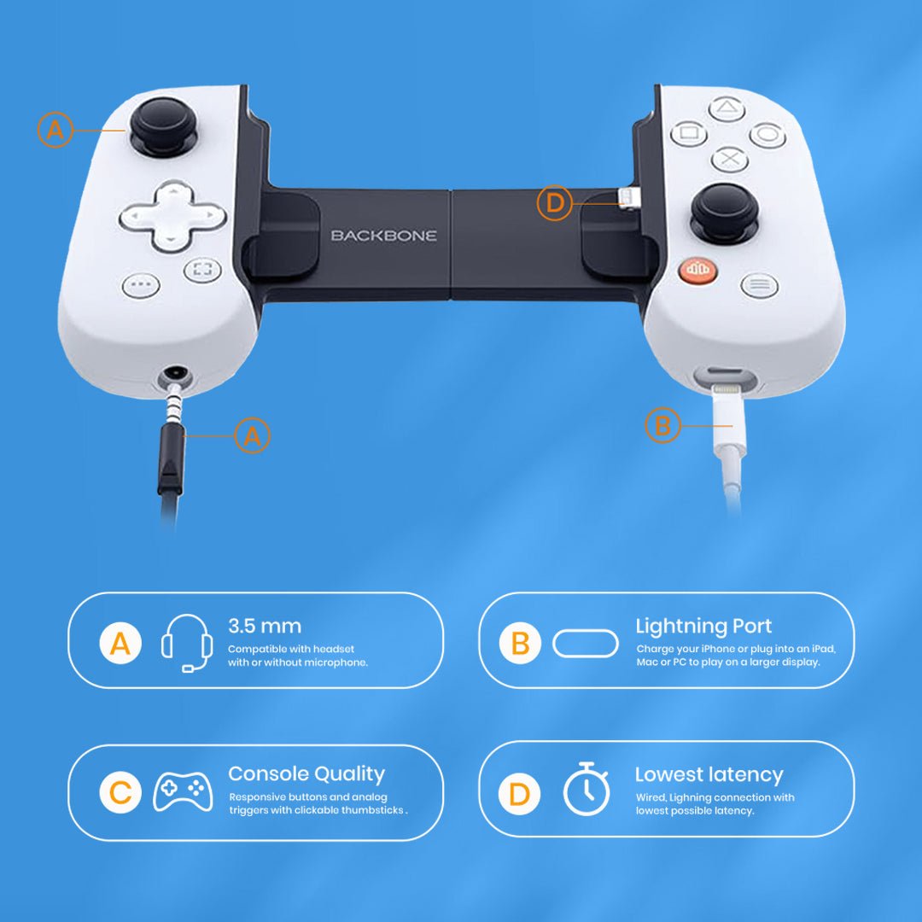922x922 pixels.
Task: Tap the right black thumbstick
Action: click(724, 209)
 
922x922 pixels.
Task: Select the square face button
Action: click(688, 133)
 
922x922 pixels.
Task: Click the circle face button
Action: click(767, 133)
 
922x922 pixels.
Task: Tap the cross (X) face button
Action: click(729, 159)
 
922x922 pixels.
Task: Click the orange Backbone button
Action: click(697, 271)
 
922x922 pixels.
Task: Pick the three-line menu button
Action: click(759, 285)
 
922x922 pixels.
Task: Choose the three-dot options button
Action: click(141, 285)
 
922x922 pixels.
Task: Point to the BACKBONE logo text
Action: click(383, 235)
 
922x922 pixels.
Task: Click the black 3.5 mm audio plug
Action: click(171, 457)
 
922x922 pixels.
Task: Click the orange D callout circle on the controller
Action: click(555, 203)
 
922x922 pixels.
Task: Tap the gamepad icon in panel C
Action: click(183, 792)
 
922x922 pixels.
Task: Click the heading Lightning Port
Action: click(703, 626)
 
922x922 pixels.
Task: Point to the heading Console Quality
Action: click(306, 774)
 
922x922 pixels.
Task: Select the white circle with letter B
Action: click(520, 644)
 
